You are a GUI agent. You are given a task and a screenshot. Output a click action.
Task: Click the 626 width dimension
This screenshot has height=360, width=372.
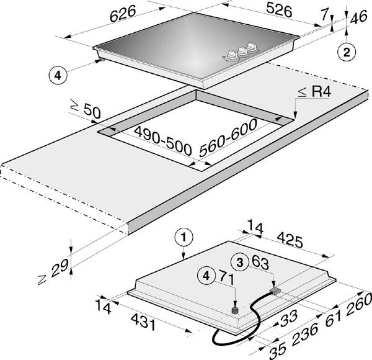click(x=123, y=13)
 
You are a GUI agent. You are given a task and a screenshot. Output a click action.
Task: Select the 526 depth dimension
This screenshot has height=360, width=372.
click(x=279, y=9)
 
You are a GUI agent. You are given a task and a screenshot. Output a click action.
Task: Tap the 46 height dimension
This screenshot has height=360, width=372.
click(x=358, y=17)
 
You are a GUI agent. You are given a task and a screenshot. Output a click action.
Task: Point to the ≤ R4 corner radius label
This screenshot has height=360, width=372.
click(x=314, y=92)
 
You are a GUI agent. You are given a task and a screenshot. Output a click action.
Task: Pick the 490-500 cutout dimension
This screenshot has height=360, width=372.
click(x=162, y=140)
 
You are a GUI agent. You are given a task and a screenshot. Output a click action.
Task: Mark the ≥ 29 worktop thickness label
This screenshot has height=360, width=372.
click(x=53, y=271)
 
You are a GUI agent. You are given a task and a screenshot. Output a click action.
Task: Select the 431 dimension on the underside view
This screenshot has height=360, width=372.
click(x=144, y=322)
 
